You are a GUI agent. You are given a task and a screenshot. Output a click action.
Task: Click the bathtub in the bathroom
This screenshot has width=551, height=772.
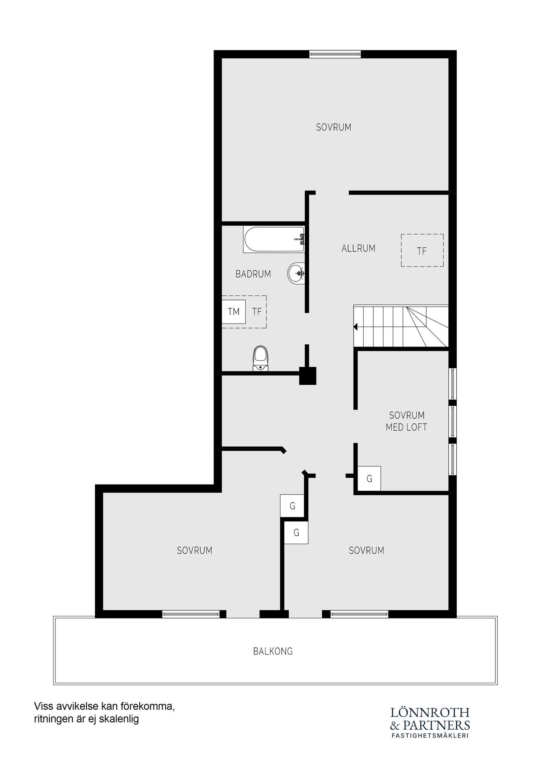coord(273,240)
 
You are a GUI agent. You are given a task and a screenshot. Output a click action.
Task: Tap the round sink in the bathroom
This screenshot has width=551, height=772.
coord(296,273)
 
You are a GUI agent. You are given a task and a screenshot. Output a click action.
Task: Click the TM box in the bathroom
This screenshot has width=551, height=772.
coord(234,312)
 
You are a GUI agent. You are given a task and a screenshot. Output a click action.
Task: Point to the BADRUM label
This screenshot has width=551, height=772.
coord(253,274)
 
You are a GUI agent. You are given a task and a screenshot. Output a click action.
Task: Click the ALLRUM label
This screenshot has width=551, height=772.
coord(358,248)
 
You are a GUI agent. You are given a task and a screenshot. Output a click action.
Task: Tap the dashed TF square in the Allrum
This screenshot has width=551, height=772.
coord(422,250)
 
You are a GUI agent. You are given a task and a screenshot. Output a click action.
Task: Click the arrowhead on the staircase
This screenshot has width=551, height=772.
coord(356,327)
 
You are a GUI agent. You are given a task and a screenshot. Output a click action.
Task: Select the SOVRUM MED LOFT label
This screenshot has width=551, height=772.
coord(407,421)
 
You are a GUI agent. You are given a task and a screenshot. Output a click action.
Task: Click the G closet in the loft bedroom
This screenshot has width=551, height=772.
coord(369,478)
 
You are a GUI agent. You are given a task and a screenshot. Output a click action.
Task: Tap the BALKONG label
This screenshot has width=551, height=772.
coord(273,651)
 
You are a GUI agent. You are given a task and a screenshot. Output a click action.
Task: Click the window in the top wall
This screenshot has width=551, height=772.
coord(335,54)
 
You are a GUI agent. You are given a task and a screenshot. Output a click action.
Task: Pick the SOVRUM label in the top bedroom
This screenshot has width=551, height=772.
coord(333,127)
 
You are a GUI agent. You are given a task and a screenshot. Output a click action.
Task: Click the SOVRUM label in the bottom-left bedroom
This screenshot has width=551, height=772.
coord(195,550)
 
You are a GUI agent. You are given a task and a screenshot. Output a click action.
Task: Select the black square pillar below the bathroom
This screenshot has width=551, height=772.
coord(308,376)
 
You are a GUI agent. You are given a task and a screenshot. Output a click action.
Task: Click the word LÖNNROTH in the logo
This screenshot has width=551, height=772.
coord(430,712)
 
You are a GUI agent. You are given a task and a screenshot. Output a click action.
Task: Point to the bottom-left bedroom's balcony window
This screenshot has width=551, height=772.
coord(191,614)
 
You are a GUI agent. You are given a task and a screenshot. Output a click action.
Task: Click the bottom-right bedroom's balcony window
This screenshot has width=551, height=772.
coord(360,614)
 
